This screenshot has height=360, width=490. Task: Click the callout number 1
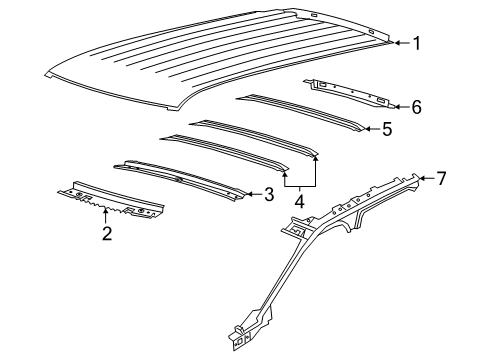coord(418,42)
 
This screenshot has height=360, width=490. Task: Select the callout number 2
coord(107,234)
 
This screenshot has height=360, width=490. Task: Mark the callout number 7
coord(441,179)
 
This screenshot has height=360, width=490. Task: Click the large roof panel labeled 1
coord(220,55)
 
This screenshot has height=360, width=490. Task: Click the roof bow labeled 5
coord(300,113)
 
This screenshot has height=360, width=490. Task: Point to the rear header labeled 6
coord(355,93)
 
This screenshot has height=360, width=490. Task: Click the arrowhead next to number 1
coord(397,42)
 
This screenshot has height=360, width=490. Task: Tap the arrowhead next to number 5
coord(368,128)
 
